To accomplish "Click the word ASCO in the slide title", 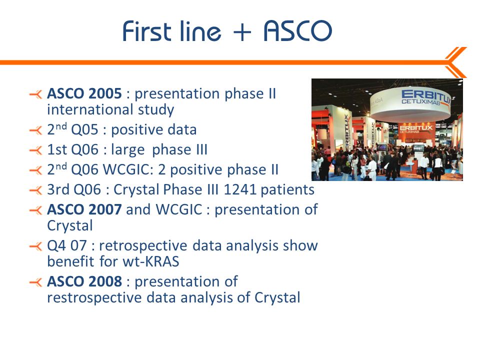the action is point(297,31).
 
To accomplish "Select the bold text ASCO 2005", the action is point(84,93).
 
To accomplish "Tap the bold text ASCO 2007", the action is point(84,209).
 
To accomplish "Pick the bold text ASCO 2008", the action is point(84,281).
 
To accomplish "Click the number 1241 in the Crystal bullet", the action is point(240,189).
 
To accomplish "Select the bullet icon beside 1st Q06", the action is point(36,150).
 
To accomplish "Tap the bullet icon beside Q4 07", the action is point(36,246).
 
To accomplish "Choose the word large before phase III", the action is point(127,150).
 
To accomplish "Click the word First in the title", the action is point(146,31).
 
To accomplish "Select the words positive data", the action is point(153,130).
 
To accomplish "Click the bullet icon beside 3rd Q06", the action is point(36,190).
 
